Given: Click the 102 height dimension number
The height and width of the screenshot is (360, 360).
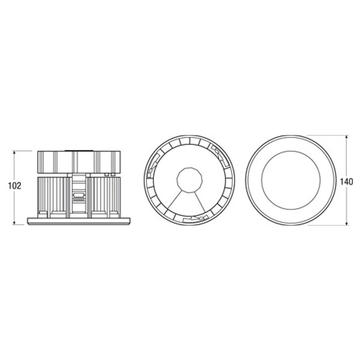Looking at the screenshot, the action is point(14,186).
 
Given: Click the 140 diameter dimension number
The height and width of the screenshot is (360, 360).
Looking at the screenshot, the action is point(346,182).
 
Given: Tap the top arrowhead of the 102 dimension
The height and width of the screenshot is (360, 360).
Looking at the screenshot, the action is point(14,152).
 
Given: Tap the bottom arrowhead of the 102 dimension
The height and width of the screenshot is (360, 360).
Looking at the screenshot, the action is point(14,223).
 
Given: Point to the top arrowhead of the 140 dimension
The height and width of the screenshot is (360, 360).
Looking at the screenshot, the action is point(347,137).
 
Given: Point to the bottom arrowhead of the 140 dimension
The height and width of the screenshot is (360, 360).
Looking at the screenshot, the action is point(347,223).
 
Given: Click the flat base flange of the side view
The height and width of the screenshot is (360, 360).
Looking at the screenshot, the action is point(79,221).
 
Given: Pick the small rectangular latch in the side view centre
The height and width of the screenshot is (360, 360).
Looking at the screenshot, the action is point(79,196).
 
